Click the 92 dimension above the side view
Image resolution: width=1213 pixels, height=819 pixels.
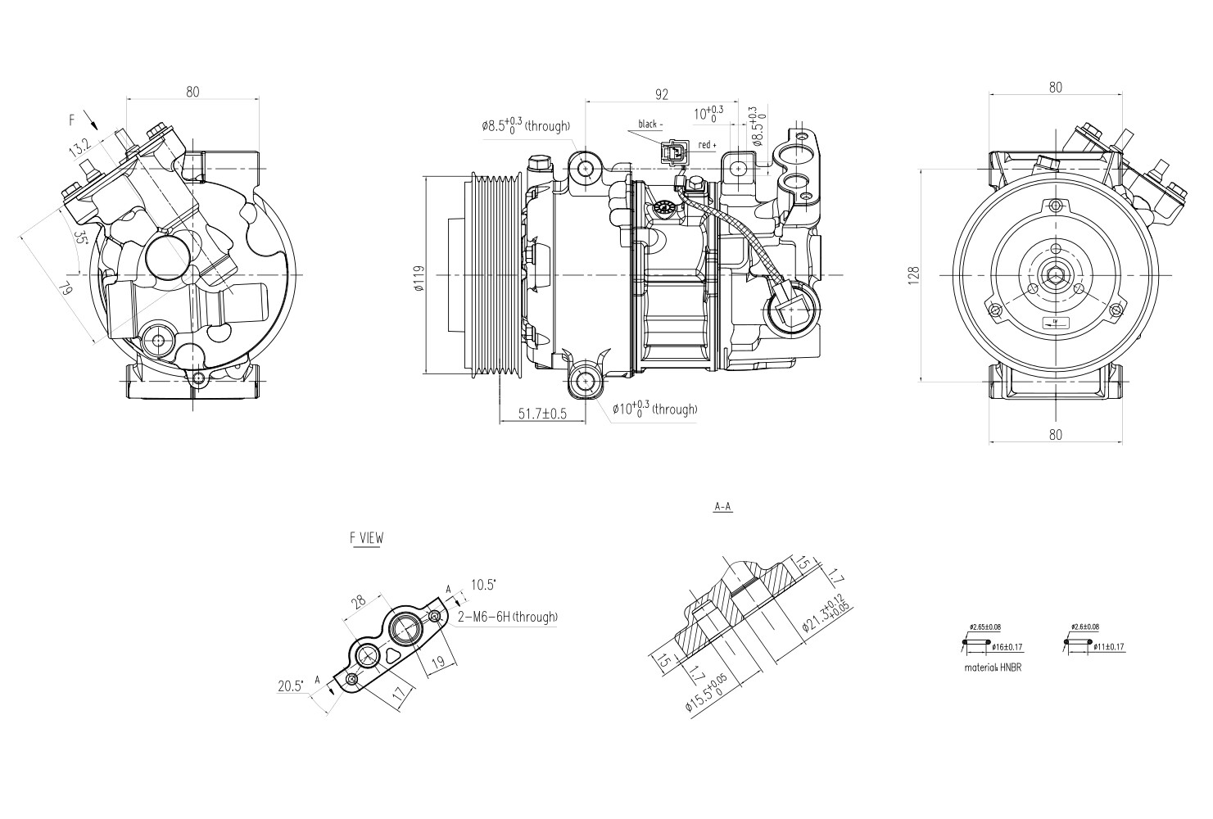click(x=662, y=94)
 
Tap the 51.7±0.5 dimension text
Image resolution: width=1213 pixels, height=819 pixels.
click(x=542, y=414)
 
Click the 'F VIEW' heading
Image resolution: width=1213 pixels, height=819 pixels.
click(x=366, y=538)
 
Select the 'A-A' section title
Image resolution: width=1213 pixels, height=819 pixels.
click(x=722, y=507)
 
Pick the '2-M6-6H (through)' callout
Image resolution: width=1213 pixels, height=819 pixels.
click(x=508, y=617)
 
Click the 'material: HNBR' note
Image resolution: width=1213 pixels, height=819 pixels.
click(x=993, y=667)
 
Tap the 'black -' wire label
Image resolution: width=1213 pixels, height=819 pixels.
click(x=649, y=124)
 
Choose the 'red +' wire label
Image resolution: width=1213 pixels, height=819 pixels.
click(x=707, y=145)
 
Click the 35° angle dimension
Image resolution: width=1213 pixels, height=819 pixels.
click(x=80, y=238)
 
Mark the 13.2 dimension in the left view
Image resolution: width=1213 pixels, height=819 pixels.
click(x=79, y=148)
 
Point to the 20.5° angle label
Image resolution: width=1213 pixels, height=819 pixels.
click(x=290, y=686)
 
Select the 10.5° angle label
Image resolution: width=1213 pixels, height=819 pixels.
click(x=483, y=585)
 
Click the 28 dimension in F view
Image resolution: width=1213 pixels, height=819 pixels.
click(x=358, y=604)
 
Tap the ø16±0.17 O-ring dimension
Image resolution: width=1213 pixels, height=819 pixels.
click(x=1006, y=647)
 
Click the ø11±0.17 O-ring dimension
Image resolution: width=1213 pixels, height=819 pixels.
click(x=1108, y=647)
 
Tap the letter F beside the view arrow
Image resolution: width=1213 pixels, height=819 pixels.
click(x=72, y=120)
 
